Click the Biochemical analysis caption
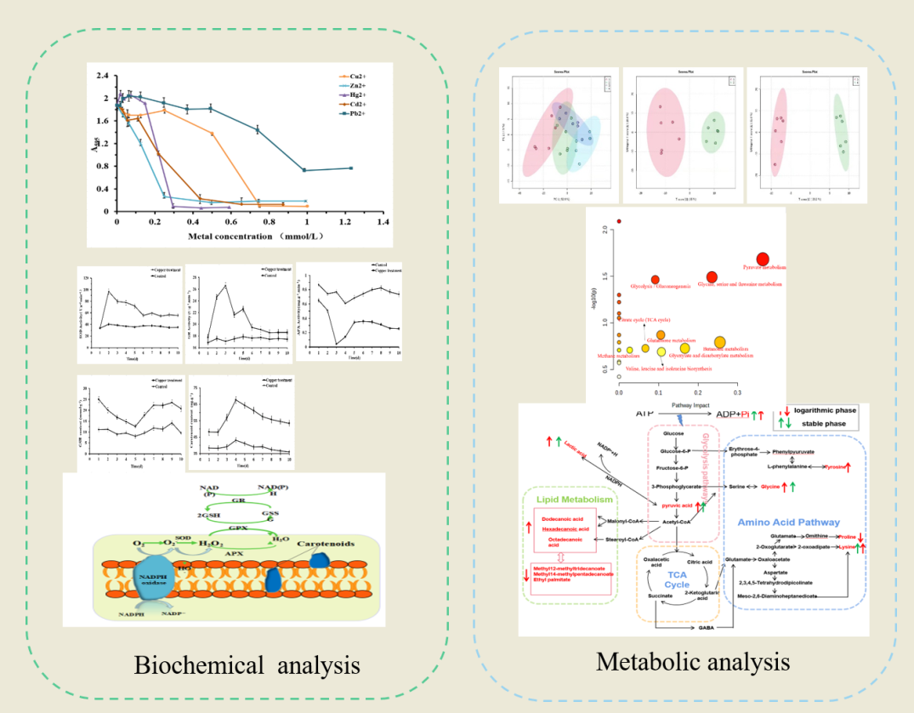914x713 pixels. (247, 665)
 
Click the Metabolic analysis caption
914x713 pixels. (693, 660)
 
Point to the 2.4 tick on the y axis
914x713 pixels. (102, 76)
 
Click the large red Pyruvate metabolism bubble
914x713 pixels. (762, 259)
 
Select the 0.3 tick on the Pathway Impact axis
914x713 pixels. (737, 393)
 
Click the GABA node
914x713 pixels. (705, 627)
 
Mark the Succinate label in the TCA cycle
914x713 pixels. (661, 596)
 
